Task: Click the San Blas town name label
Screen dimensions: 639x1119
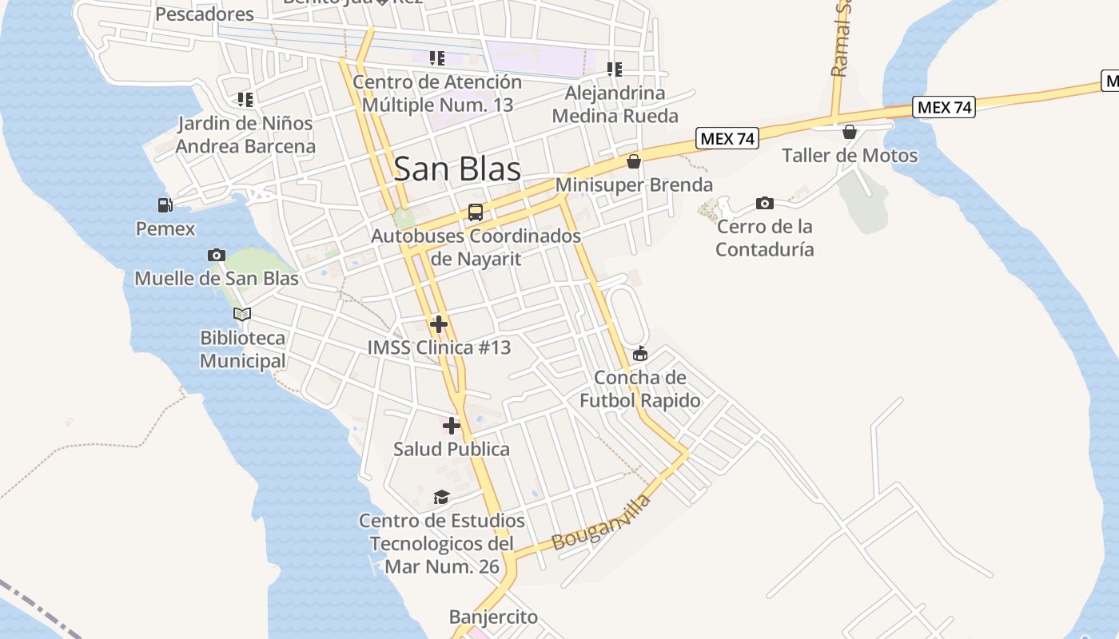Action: [x=457, y=169]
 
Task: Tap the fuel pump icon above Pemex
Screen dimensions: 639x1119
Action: [x=165, y=205]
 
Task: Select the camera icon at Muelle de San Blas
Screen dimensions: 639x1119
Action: [x=216, y=255]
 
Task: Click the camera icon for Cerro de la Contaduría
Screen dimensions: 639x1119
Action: [x=764, y=204]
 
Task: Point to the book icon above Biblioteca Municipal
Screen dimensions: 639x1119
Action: [x=241, y=314]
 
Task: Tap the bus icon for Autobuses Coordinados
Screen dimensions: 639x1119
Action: [x=476, y=212]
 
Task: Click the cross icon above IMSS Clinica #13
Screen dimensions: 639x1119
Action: [x=438, y=324]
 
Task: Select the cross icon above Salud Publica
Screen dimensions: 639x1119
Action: [x=452, y=426]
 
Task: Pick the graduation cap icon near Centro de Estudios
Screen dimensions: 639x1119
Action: [x=441, y=498]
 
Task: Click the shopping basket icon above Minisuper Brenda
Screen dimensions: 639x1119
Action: [x=634, y=161]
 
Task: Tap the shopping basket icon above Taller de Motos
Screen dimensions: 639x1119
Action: [x=850, y=132]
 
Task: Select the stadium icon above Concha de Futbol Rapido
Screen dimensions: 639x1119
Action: [x=639, y=354]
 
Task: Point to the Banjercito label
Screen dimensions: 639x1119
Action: [x=493, y=617]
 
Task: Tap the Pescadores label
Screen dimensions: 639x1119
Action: [x=205, y=14]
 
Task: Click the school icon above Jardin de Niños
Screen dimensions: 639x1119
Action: [x=245, y=100]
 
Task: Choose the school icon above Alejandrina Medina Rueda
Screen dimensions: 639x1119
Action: [x=614, y=69]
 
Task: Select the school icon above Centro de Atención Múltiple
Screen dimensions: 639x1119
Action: [x=436, y=58]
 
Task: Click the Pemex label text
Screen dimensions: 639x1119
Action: [x=165, y=229]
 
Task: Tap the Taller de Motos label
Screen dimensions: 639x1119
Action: [x=850, y=156]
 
